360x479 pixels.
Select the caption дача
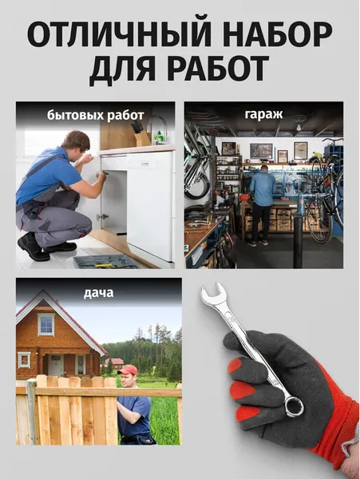(98, 292)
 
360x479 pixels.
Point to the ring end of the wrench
(293, 406)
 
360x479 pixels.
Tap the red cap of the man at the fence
(128, 370)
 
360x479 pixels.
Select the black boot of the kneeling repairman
(33, 247)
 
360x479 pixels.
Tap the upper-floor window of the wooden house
(46, 324)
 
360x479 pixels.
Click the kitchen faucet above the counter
(160, 128)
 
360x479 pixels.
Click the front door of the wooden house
(56, 366)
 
